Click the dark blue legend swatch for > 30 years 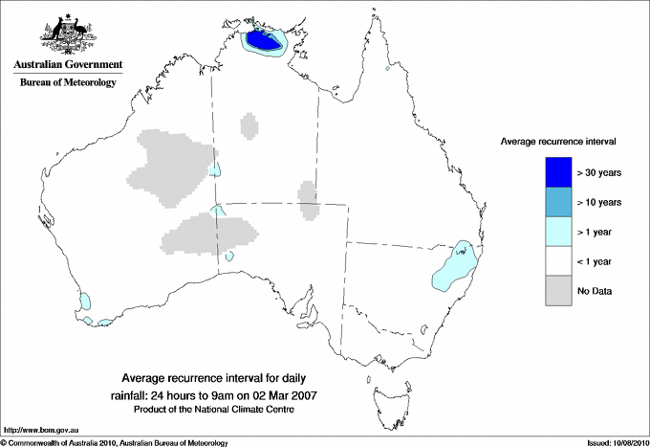click(559, 171)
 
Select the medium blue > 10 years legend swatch click(559, 201)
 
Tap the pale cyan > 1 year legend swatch click(559, 231)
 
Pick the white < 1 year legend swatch click(559, 260)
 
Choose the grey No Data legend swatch click(559, 290)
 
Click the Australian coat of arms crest click(68, 31)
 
